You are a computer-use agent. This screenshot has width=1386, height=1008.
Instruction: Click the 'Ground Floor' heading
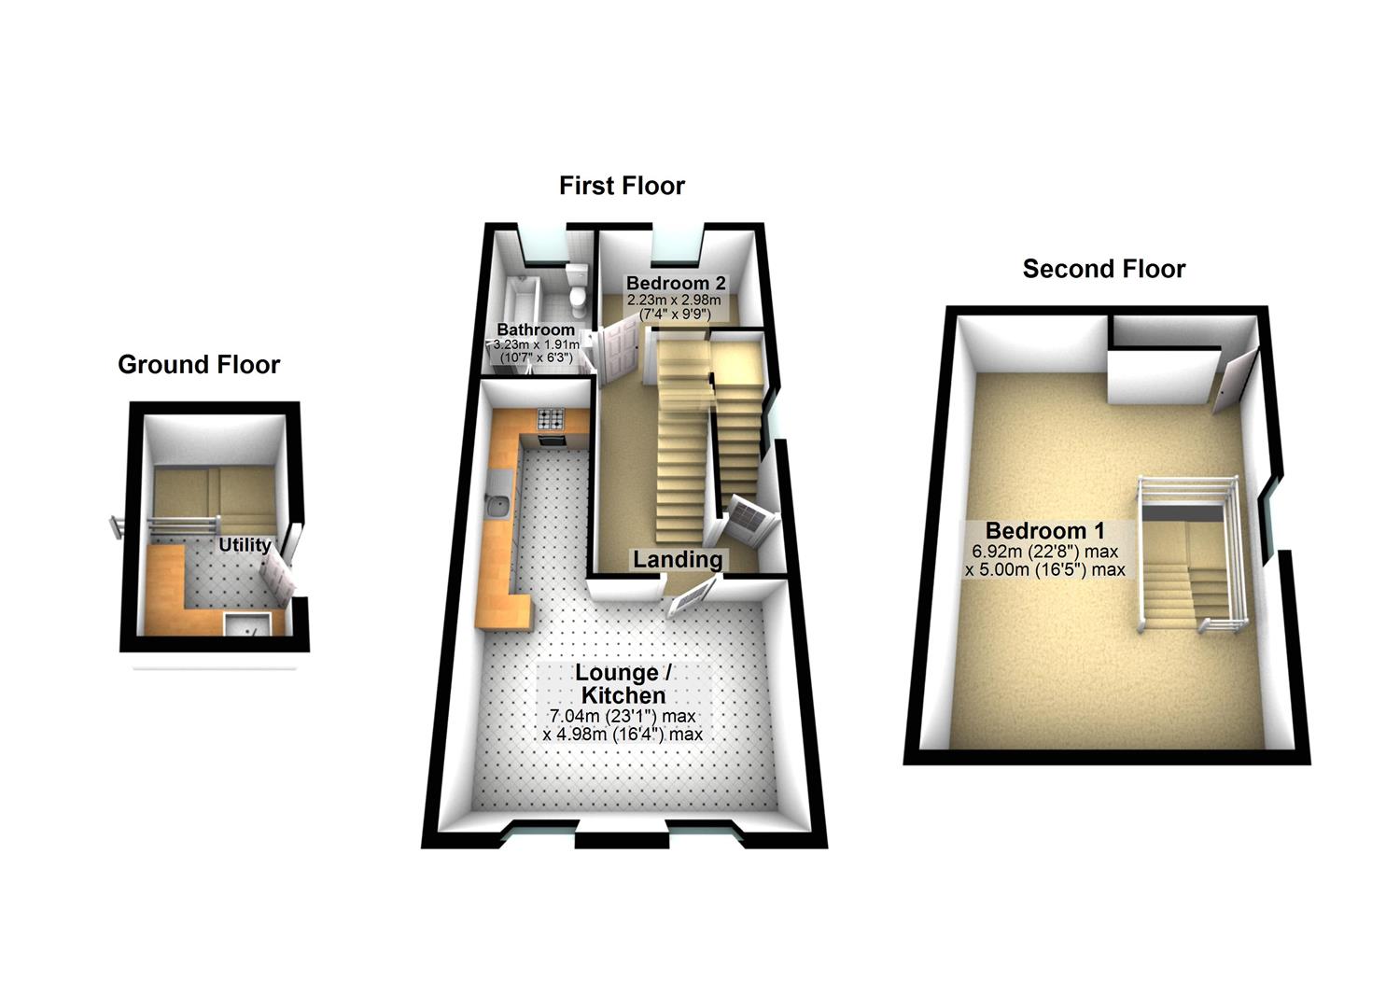[198, 364]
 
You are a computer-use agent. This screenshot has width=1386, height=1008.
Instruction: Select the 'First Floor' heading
[622, 186]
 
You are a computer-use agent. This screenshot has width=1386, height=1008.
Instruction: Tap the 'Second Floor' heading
[1103, 269]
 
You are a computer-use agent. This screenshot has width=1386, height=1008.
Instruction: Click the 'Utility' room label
[245, 545]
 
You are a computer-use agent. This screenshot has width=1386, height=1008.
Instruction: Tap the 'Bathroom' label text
[536, 329]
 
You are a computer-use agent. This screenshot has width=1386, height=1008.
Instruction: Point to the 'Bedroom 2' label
[676, 283]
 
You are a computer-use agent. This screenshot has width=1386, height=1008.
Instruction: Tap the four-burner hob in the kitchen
[550, 419]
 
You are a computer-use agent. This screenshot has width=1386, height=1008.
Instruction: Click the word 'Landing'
[678, 559]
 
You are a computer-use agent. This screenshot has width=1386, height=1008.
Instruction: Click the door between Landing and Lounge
[693, 595]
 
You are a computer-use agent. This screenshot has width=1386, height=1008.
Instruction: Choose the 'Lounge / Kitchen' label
[623, 684]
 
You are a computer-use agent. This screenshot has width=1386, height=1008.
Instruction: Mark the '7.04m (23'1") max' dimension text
[623, 717]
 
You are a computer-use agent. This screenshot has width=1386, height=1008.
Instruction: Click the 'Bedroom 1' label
[1044, 531]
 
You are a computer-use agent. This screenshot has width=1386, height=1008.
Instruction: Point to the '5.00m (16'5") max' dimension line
[1044, 569]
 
